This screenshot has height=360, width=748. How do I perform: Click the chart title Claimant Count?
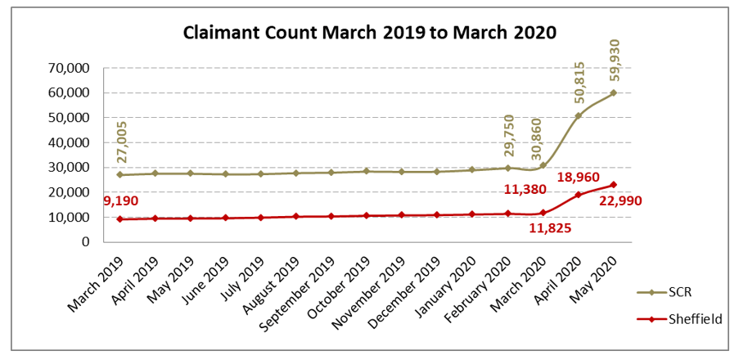tap(370, 34)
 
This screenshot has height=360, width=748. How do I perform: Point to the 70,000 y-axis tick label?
tap(70, 68)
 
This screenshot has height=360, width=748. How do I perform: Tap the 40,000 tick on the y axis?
tap(70, 142)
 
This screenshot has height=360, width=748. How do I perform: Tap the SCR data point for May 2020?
tap(613, 92)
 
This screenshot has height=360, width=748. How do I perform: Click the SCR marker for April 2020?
tap(578, 115)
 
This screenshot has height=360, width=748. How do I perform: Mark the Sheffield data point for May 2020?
tap(613, 185)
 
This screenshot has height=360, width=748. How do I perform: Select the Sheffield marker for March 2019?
tap(120, 219)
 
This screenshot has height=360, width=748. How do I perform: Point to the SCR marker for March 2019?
tap(120, 174)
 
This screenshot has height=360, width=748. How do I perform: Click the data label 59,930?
tap(614, 58)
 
